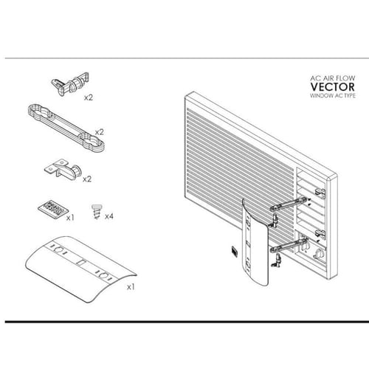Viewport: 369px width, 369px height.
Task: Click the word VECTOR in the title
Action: click(x=332, y=87)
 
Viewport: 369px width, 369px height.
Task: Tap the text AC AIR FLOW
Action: click(x=332, y=78)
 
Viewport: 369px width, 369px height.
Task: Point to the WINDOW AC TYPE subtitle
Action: click(x=333, y=96)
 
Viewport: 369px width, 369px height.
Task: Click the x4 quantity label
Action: click(x=109, y=216)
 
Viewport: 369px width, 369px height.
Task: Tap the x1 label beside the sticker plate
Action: click(x=70, y=218)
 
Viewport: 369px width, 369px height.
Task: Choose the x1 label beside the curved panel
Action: click(x=131, y=287)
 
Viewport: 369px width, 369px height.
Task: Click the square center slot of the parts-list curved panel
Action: click(x=80, y=262)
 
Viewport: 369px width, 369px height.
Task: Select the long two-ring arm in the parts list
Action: click(x=66, y=127)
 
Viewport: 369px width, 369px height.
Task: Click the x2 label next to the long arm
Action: click(x=100, y=132)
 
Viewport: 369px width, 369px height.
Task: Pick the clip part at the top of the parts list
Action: click(x=71, y=83)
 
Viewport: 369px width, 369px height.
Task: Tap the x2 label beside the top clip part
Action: click(x=89, y=97)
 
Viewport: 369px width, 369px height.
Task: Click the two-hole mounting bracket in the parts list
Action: click(x=63, y=168)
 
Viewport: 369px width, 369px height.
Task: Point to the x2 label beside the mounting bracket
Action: click(x=87, y=179)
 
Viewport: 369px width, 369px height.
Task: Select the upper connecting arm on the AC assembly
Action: click(x=289, y=204)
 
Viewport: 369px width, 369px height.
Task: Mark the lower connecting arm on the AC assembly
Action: click(x=289, y=246)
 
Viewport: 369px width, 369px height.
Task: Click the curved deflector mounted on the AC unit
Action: click(x=255, y=242)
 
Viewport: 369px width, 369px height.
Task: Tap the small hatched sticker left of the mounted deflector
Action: click(x=234, y=251)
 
